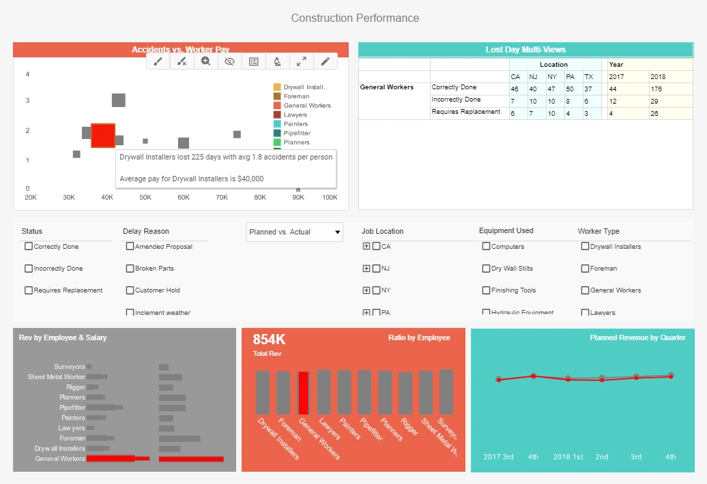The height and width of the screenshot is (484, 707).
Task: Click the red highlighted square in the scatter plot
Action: pyautogui.click(x=103, y=135)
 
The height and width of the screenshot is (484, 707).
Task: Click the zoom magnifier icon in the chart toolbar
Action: pyautogui.click(x=205, y=61)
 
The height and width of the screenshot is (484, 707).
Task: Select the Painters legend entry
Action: pyautogui.click(x=295, y=124)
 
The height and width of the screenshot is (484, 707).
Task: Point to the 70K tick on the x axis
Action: pyautogui.click(x=222, y=197)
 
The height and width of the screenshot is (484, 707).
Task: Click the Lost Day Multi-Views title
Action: pyautogui.click(x=525, y=50)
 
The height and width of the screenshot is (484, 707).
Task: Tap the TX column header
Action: pyautogui.click(x=588, y=77)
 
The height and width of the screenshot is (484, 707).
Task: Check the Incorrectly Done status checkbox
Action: pyautogui.click(x=29, y=269)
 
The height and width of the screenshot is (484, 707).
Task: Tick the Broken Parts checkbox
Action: pyautogui.click(x=130, y=269)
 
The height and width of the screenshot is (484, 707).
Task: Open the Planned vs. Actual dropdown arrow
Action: pyautogui.click(x=337, y=232)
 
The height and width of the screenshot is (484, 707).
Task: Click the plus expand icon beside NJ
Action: pyautogui.click(x=366, y=269)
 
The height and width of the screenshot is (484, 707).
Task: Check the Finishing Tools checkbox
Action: pyautogui.click(x=486, y=290)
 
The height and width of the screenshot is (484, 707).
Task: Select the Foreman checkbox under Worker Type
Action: pyautogui.click(x=585, y=269)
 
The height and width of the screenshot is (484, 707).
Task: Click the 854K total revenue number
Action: pyautogui.click(x=269, y=339)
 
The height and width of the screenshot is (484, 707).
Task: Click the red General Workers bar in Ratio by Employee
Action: pyautogui.click(x=303, y=393)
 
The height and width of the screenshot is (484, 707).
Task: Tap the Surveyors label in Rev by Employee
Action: pyautogui.click(x=70, y=367)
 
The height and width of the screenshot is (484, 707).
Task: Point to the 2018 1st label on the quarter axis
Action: pyautogui.click(x=567, y=457)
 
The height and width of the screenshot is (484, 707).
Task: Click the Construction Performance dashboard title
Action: pyautogui.click(x=355, y=18)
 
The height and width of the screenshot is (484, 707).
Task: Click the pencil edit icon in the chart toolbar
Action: pyautogui.click(x=325, y=61)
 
